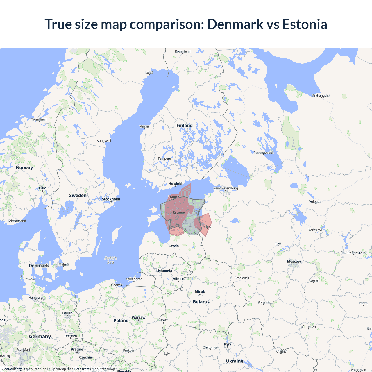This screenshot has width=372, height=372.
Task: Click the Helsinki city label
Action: click(x=176, y=183)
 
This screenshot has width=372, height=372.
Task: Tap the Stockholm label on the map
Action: click(x=111, y=199)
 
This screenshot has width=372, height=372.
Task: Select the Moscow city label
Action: click(x=294, y=262)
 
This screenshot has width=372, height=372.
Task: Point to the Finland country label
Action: click(x=184, y=126)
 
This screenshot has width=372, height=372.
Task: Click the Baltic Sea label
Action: click(x=111, y=260)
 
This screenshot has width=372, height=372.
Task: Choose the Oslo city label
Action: click(x=43, y=188)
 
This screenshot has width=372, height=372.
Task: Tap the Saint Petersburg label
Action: click(x=226, y=188)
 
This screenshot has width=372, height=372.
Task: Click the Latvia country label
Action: click(x=174, y=246)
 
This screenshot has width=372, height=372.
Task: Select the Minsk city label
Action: click(x=200, y=291)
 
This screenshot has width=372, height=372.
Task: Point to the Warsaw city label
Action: click(x=138, y=317)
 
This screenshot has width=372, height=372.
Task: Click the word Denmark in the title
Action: click(x=235, y=24)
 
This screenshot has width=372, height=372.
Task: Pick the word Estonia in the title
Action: click(x=305, y=24)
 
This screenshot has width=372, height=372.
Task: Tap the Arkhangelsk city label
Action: click(x=321, y=96)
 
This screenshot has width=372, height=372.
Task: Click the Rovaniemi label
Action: click(x=183, y=51)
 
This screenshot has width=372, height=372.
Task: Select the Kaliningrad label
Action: click(x=134, y=279)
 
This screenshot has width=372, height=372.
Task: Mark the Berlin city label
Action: click(x=67, y=313)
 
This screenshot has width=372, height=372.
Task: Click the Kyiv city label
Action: click(x=228, y=344)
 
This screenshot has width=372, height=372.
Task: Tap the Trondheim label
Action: click(x=39, y=119)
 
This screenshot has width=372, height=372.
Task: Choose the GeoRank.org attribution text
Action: click(x=12, y=369)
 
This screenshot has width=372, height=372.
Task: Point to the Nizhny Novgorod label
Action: click(x=354, y=252)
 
